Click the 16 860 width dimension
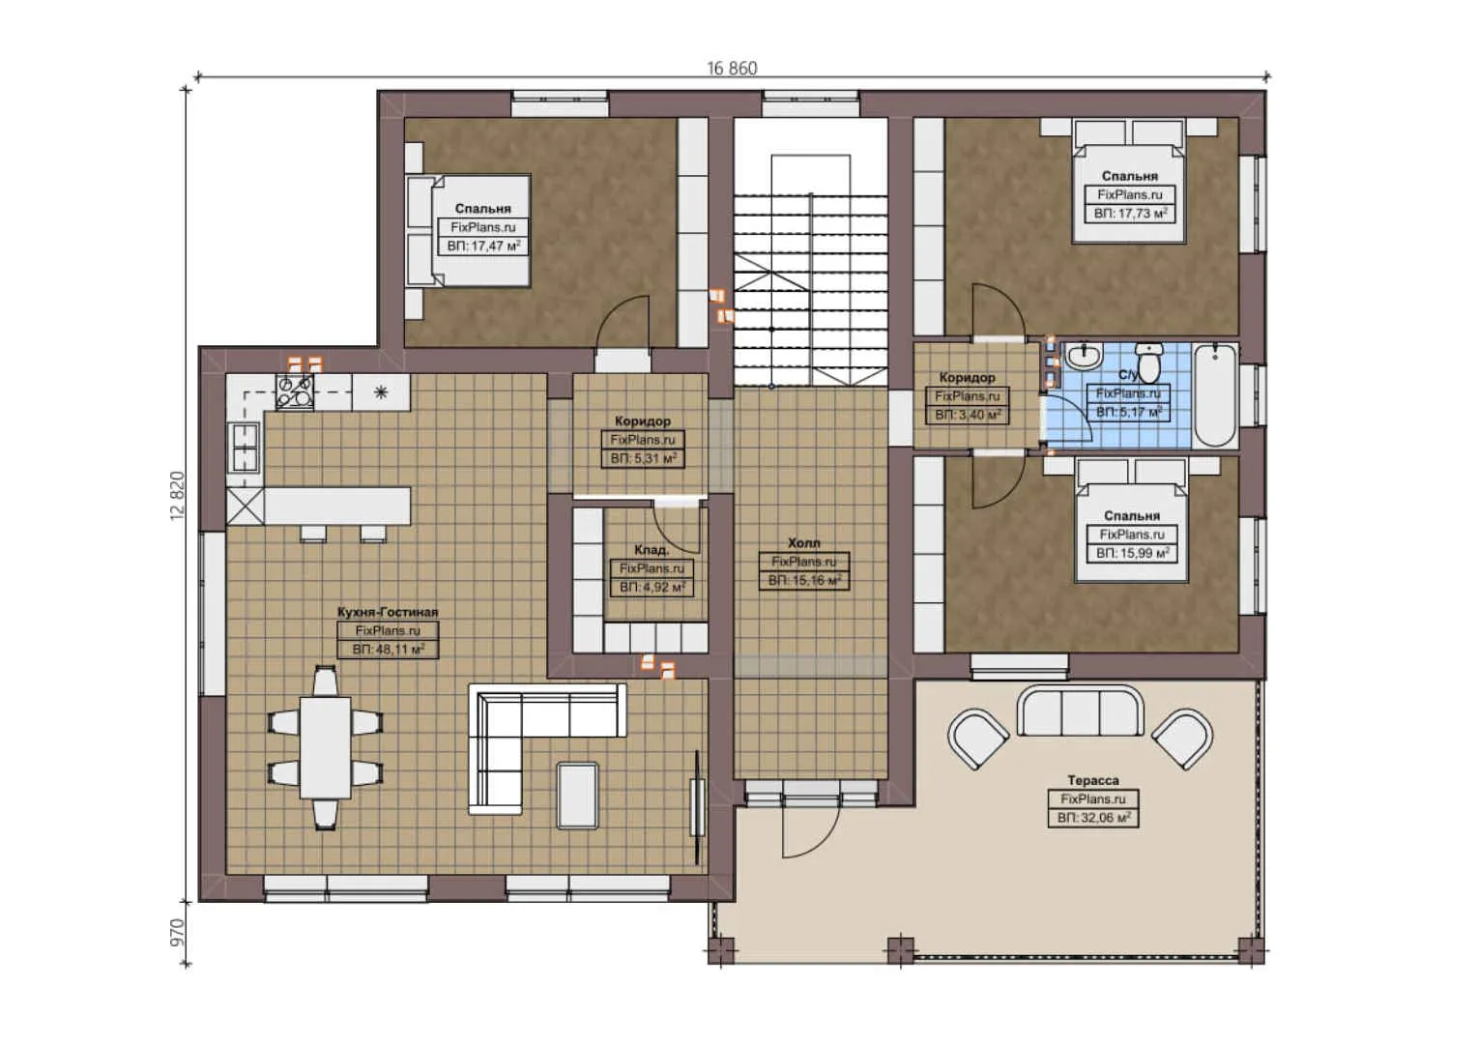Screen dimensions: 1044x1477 pos(732,68)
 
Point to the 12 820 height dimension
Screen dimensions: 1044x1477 pos(177,496)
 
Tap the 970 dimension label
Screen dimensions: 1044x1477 pos(177,932)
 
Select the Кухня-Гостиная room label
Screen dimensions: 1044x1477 pos(387,612)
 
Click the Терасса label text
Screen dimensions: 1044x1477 pos(1092,780)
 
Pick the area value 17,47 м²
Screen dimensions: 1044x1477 pos(483,246)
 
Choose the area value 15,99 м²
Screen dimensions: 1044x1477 pos(1132,553)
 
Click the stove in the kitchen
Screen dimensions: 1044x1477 pos(295,391)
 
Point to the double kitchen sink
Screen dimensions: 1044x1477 pos(244,449)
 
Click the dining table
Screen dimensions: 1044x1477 pos(324,746)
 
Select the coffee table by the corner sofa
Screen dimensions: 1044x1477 pos(577,795)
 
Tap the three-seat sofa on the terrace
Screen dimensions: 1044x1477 pos(1080,711)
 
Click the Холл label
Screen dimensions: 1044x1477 pos(803,543)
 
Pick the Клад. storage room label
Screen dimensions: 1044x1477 pos(652,550)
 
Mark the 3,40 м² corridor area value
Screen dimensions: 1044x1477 pos(968,415)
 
